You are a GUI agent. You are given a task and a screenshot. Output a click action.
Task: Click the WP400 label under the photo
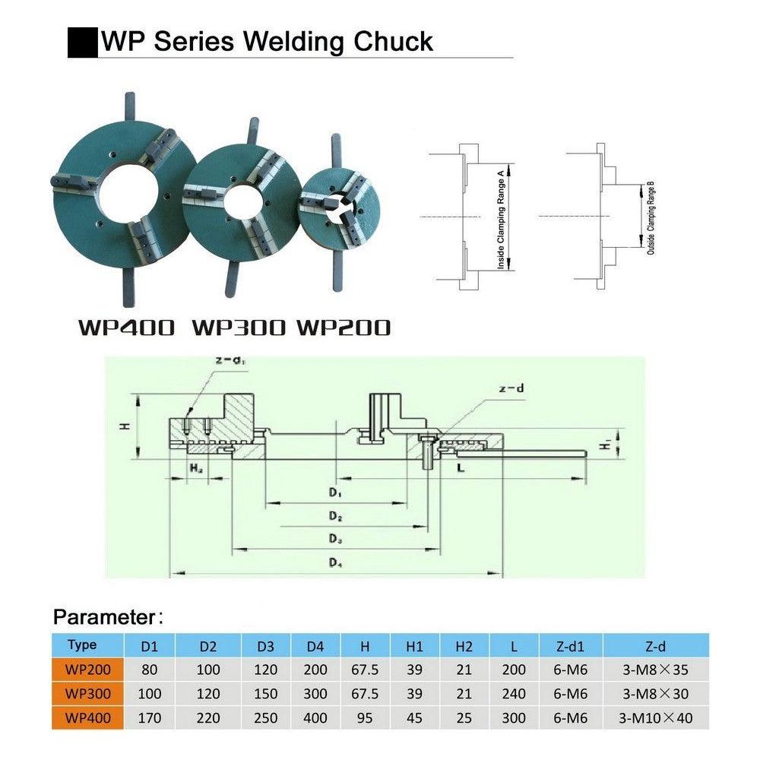(126, 328)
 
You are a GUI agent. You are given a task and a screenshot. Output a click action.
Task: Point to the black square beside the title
(83, 42)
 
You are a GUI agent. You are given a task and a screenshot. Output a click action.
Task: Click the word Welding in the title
(299, 42)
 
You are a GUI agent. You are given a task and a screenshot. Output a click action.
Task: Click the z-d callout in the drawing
(512, 390)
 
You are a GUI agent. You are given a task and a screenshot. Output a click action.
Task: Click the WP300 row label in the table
(88, 693)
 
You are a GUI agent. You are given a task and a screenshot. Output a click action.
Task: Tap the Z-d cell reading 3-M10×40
(657, 717)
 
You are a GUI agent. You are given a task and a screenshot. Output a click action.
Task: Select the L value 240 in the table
(515, 693)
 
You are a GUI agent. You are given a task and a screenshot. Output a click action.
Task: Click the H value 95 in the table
(366, 717)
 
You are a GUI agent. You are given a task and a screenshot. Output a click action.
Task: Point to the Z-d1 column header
(563, 647)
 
